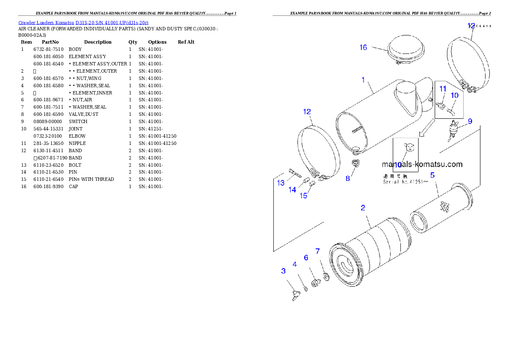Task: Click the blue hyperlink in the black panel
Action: [x=83, y=23]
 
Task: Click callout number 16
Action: [x=363, y=47]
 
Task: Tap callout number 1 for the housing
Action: [x=363, y=80]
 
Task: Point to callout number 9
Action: [x=470, y=121]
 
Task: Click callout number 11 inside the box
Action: [x=443, y=89]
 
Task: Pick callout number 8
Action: [x=348, y=178]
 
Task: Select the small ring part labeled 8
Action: [x=355, y=163]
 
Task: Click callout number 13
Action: [x=281, y=183]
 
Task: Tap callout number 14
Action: [x=292, y=190]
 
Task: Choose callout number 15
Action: [x=303, y=196]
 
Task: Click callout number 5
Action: [x=432, y=175]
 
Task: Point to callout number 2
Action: [x=363, y=208]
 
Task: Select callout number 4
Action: [x=295, y=264]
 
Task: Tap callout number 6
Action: [x=306, y=257]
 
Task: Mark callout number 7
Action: [x=317, y=251]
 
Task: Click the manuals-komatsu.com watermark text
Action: [x=422, y=164]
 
